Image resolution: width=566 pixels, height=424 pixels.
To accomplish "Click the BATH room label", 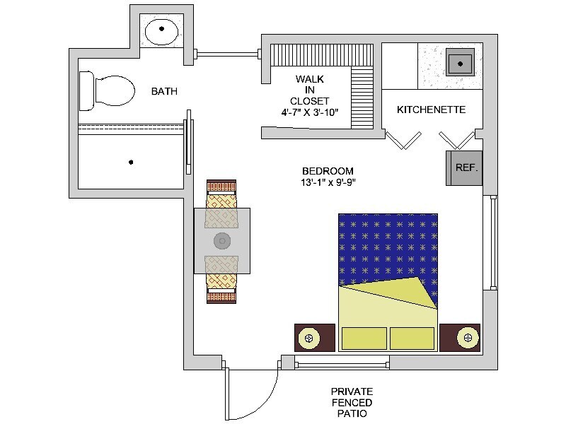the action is [x=164, y=91].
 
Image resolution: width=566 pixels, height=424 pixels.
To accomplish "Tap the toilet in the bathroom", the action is [x=107, y=90].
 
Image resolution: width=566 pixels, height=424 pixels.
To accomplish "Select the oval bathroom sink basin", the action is [x=161, y=31].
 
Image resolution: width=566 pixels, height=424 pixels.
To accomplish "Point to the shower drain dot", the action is [x=131, y=163].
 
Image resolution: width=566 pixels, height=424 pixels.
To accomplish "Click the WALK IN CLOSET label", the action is [x=309, y=90].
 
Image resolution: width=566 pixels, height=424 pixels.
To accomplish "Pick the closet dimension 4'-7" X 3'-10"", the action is [x=310, y=112].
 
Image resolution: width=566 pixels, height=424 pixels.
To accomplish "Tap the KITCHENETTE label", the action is [x=432, y=110].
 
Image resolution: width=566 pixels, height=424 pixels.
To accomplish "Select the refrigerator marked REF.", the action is [x=464, y=168].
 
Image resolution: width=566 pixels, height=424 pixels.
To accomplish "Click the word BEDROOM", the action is [x=328, y=171].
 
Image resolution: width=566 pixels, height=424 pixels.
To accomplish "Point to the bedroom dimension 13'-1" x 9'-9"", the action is [x=328, y=182].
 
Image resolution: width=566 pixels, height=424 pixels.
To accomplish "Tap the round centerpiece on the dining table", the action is [x=222, y=241].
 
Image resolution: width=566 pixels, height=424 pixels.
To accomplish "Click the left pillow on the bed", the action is [x=364, y=338].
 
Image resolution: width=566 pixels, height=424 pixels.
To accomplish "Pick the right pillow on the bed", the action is [x=412, y=338].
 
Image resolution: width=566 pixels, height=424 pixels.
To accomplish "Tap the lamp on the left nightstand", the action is [x=309, y=338].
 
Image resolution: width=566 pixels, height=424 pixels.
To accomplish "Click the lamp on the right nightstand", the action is [x=468, y=338].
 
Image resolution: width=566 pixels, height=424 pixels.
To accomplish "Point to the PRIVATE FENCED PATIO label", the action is [x=352, y=402].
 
